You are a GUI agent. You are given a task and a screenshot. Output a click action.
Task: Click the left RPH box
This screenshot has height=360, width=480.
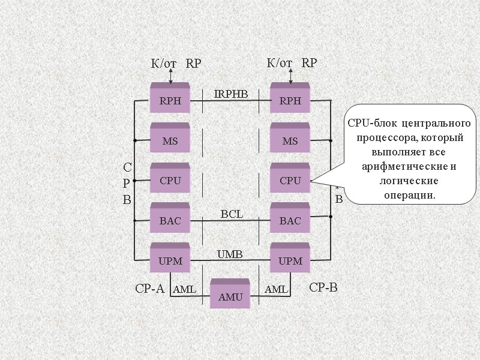170,100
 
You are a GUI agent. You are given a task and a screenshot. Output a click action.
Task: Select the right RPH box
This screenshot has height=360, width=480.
290,100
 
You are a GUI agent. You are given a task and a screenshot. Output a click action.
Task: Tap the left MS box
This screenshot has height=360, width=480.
170,140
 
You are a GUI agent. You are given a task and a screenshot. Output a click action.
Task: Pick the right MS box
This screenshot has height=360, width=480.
290,140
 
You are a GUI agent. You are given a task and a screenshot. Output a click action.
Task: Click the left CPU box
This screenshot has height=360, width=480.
170,180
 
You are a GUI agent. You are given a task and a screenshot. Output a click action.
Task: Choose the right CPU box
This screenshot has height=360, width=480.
290,180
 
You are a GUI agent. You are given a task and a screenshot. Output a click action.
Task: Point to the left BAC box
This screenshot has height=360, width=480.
170,220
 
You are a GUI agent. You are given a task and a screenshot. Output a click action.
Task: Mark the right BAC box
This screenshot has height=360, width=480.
290,220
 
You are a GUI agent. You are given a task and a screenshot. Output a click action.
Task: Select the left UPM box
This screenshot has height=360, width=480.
170,260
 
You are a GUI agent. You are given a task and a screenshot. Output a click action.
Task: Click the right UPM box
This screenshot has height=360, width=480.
290,260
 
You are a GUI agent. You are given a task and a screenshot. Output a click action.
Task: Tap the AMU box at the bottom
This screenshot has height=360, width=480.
230,296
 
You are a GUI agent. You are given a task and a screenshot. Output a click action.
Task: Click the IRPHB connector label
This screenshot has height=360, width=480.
231,94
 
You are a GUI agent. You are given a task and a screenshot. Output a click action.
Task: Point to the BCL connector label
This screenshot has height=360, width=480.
232,214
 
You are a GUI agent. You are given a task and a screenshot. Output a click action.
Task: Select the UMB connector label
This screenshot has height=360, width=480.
229,254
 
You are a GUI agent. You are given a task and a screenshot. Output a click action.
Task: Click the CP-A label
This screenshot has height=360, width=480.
149,289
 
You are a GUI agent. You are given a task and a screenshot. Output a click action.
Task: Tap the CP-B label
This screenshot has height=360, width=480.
323,288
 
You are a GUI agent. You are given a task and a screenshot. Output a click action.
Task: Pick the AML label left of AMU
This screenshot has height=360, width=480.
185,290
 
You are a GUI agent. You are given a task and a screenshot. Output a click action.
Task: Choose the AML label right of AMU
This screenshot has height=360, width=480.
277,290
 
